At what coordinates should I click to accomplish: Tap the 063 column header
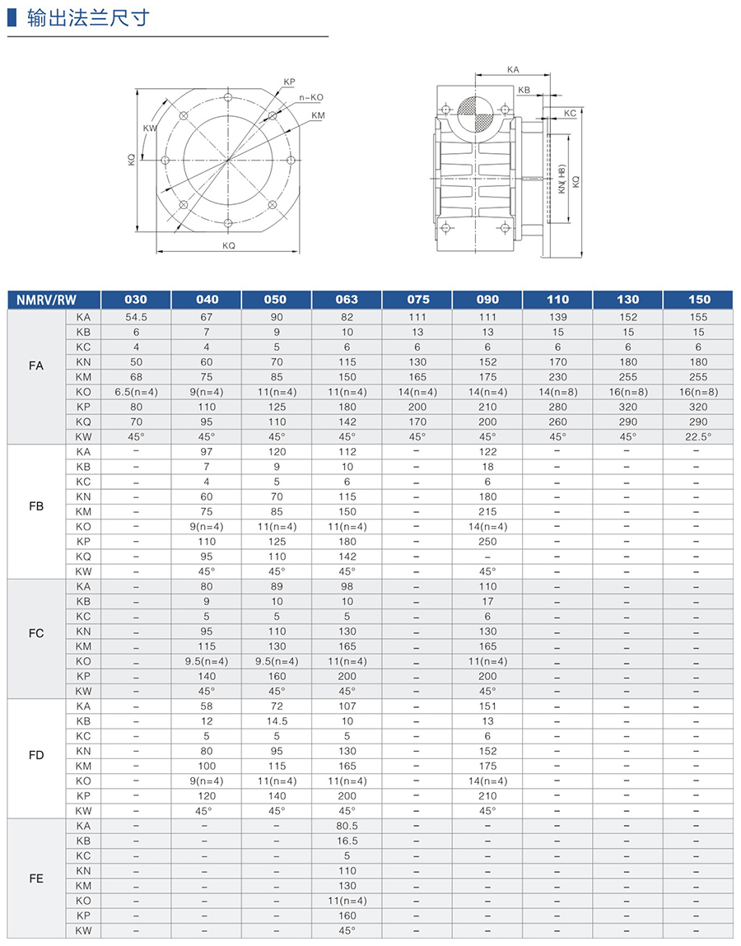(x=347, y=299)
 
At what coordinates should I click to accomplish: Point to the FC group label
(x=36, y=632)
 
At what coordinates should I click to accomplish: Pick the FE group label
(x=36, y=878)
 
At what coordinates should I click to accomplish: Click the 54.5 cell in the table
(x=136, y=317)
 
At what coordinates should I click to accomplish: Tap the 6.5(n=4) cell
(x=136, y=392)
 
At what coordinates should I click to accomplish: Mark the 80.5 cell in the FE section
(x=347, y=825)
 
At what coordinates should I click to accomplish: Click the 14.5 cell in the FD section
(x=276, y=720)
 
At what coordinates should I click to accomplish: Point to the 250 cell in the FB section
(x=487, y=541)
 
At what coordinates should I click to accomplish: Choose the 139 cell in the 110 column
(x=557, y=317)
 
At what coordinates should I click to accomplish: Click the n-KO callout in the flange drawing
(x=310, y=98)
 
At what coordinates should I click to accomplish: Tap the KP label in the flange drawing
(x=289, y=82)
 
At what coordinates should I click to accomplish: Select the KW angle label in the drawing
(x=149, y=128)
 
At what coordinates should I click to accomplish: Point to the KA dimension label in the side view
(x=513, y=71)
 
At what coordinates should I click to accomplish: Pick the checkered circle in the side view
(x=474, y=114)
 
